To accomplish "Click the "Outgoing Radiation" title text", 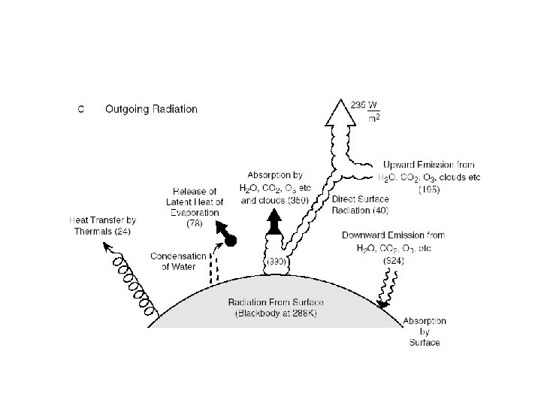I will click(151, 109).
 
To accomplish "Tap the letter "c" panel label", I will click(82, 110).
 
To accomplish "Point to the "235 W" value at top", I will click(365, 105).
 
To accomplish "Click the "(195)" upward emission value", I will click(429, 189).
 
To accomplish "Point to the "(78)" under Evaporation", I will click(195, 223).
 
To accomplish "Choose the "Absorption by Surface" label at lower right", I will click(425, 332).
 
